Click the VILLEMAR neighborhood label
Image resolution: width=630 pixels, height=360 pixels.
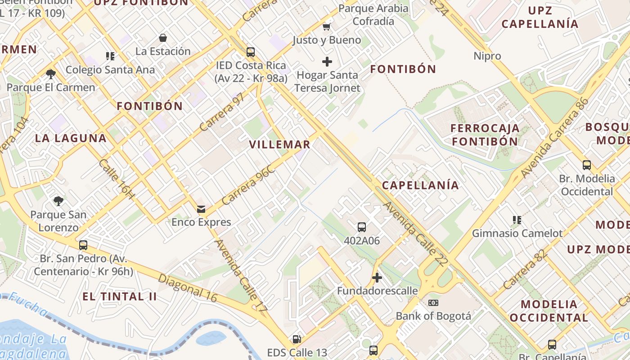279,144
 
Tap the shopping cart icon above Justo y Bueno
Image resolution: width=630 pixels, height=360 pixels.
327,27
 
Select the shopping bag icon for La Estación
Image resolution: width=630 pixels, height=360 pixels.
163,38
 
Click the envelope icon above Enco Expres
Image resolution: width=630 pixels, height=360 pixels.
201,209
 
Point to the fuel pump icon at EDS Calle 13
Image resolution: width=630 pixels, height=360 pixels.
297,339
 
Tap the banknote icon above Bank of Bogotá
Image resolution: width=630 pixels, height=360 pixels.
433,302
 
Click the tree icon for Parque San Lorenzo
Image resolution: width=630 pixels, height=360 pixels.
58,201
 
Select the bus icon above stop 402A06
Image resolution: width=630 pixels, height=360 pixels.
361,227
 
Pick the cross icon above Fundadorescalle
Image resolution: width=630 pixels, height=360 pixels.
377,278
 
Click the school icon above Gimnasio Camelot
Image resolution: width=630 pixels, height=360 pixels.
517,220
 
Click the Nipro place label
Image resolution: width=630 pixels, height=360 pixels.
487,56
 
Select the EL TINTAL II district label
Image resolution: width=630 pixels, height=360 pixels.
120,297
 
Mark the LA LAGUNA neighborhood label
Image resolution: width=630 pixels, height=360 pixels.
71,138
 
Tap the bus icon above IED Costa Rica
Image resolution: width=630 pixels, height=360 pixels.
251,52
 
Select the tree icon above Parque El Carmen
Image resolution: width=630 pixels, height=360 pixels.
51,74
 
